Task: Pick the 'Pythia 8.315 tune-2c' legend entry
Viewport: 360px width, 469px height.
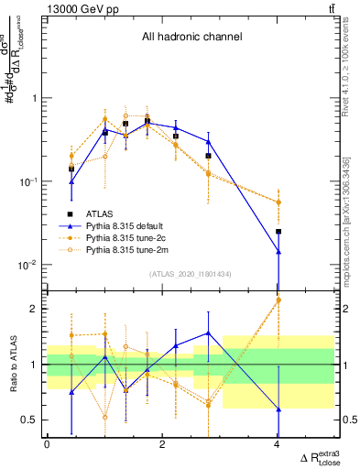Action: coord(135,236)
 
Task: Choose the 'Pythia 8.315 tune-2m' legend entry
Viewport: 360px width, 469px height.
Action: coord(135,248)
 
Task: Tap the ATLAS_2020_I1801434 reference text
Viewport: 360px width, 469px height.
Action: coord(190,273)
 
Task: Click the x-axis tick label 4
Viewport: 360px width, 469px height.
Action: coord(278,444)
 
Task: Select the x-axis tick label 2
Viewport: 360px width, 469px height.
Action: coord(162,444)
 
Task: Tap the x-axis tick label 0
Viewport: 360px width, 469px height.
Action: coord(47,444)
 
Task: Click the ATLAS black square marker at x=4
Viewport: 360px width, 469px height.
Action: coord(278,232)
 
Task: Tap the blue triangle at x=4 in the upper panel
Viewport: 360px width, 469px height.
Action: coord(278,251)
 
